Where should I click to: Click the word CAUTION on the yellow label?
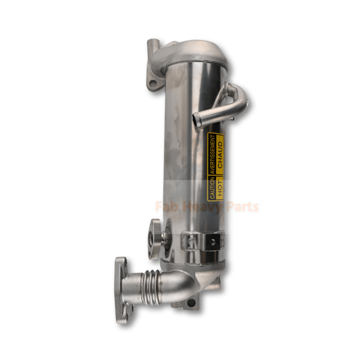(x=212, y=188)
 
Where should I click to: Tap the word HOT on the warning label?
(x=220, y=188)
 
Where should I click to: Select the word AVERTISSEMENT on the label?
(x=212, y=154)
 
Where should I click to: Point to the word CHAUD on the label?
(x=220, y=155)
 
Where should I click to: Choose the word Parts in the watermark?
(x=243, y=207)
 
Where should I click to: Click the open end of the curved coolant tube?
(x=195, y=119)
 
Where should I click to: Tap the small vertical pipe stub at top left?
(x=153, y=46)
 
